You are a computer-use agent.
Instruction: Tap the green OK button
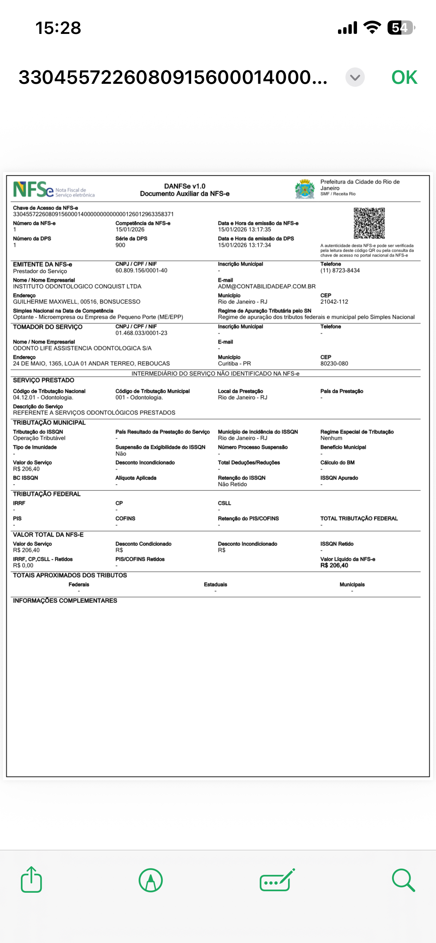[404, 77]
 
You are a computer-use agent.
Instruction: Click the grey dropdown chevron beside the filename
[355, 77]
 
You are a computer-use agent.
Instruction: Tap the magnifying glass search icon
[403, 880]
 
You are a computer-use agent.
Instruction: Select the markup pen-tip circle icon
[151, 880]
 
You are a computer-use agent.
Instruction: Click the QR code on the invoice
[369, 223]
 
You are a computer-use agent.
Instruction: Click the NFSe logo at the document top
[34, 190]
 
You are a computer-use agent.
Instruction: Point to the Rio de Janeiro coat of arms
[305, 189]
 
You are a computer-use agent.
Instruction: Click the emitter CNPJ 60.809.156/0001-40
[141, 271]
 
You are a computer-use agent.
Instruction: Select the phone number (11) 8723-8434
[340, 271]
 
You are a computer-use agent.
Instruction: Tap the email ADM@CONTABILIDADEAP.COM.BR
[266, 286]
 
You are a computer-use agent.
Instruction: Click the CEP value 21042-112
[334, 302]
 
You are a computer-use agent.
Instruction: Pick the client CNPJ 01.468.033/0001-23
[141, 333]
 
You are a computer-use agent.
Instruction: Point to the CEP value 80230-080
[334, 363]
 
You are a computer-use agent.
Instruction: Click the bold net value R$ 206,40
[334, 565]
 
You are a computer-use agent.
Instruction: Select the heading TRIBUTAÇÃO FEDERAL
[47, 494]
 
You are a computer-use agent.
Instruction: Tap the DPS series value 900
[120, 245]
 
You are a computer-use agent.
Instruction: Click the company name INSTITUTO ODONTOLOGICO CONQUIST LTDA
[77, 286]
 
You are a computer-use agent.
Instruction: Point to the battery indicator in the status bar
[401, 28]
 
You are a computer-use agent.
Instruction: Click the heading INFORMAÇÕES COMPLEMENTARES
[65, 600]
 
